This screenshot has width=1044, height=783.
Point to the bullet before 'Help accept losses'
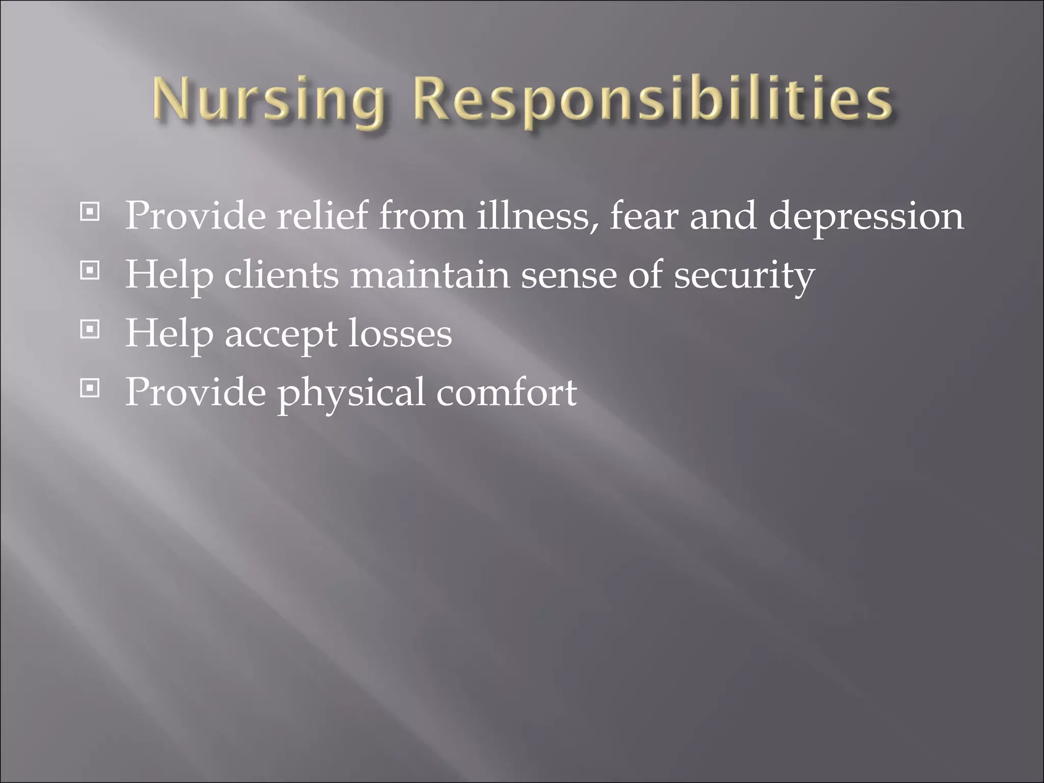coord(90,329)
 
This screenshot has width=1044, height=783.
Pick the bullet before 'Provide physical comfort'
coord(90,388)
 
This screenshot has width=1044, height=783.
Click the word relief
coord(322,216)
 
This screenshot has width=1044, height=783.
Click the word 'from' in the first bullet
coord(422,216)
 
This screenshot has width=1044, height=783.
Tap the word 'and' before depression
coord(723,216)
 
